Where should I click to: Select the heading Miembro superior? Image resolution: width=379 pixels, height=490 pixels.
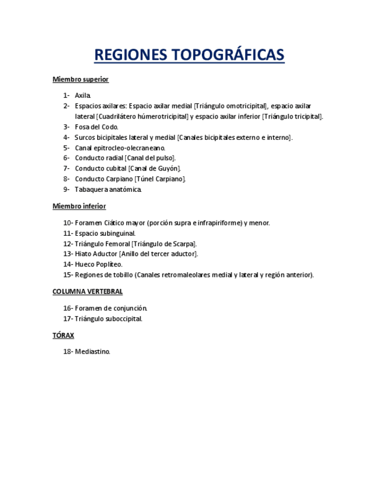[x=80, y=79]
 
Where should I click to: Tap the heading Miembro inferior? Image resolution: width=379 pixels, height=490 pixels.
[x=79, y=206]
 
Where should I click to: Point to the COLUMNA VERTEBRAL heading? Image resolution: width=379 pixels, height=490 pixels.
[x=87, y=292]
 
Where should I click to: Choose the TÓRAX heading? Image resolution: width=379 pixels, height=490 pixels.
[x=63, y=336]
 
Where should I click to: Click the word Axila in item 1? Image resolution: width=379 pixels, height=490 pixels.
[x=83, y=95]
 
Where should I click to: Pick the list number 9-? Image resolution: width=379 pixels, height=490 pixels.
[x=67, y=190]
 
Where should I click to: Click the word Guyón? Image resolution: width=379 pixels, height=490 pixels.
[x=168, y=169]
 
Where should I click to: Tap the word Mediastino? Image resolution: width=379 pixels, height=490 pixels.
[x=92, y=352]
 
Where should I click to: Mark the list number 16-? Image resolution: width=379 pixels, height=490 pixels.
[x=68, y=309]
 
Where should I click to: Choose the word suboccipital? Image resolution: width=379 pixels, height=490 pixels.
[x=122, y=319]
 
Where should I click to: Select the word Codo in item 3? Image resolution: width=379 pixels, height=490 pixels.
[x=109, y=127]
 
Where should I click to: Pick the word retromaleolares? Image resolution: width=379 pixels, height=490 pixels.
[x=183, y=275]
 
